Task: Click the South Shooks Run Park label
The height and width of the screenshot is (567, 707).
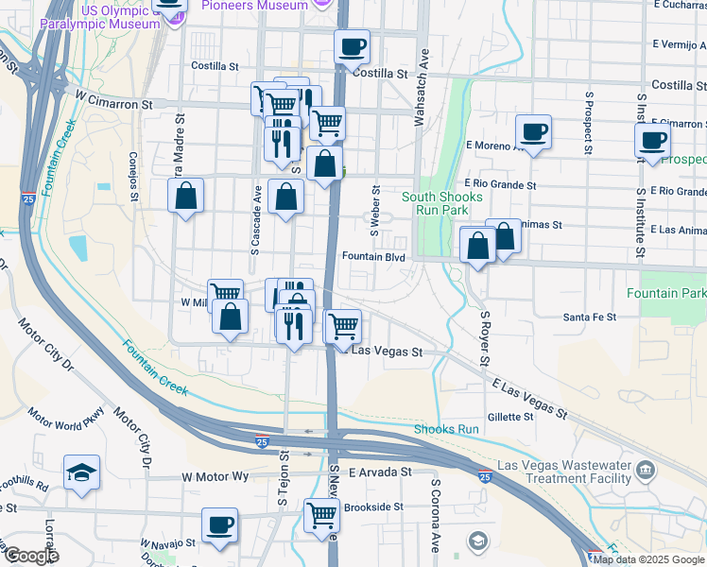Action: pos(441,203)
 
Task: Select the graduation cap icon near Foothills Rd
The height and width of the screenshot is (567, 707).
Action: pos(82,472)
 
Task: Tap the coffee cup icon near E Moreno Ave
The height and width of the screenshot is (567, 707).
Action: pos(533,132)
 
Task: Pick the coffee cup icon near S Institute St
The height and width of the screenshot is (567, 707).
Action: pos(652,141)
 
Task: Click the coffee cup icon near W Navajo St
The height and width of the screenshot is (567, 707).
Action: pos(219,524)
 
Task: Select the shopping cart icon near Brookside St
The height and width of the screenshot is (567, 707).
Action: pos(321,516)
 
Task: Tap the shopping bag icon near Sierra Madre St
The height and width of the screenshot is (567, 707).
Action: pos(186,197)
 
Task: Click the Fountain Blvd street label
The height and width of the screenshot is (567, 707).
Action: pos(373,257)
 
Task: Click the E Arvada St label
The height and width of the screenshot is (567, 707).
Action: pos(381,472)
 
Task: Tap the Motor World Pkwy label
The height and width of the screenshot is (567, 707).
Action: pos(65,419)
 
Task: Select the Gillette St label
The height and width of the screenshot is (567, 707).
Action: pos(510,417)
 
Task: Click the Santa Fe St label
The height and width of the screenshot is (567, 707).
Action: pos(589,318)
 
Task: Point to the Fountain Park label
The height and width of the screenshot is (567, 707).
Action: pos(666,293)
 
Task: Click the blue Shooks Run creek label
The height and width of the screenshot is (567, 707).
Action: pos(446,430)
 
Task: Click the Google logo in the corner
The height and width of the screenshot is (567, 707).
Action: pos(30,557)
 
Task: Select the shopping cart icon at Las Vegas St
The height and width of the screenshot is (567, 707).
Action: pos(344,326)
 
